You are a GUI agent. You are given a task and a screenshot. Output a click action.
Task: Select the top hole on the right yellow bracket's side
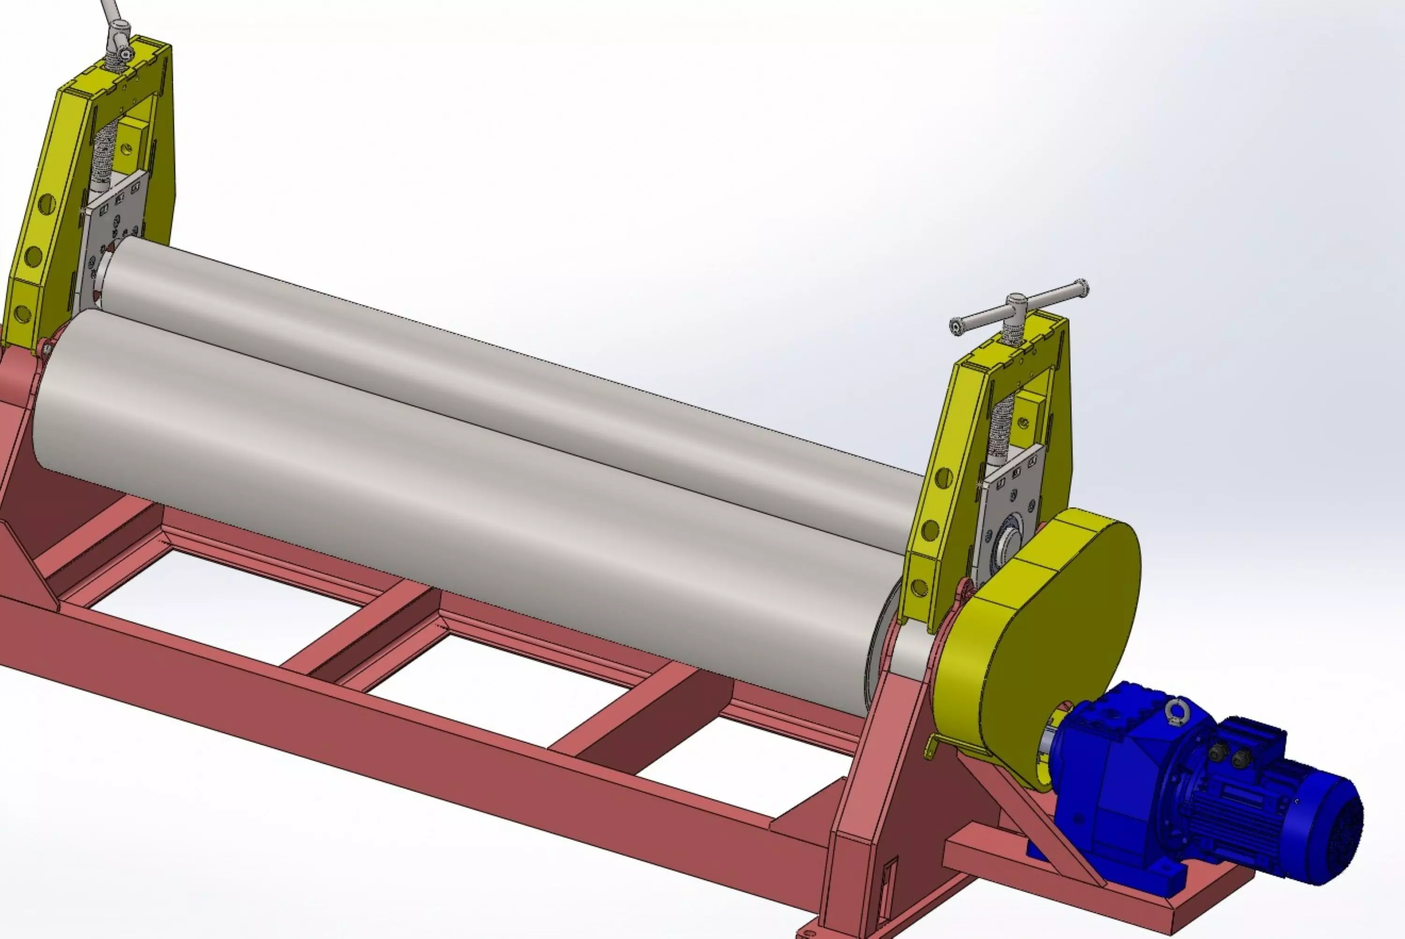coord(944,478)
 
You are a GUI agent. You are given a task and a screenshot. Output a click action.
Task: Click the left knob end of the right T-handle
coord(956,326)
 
